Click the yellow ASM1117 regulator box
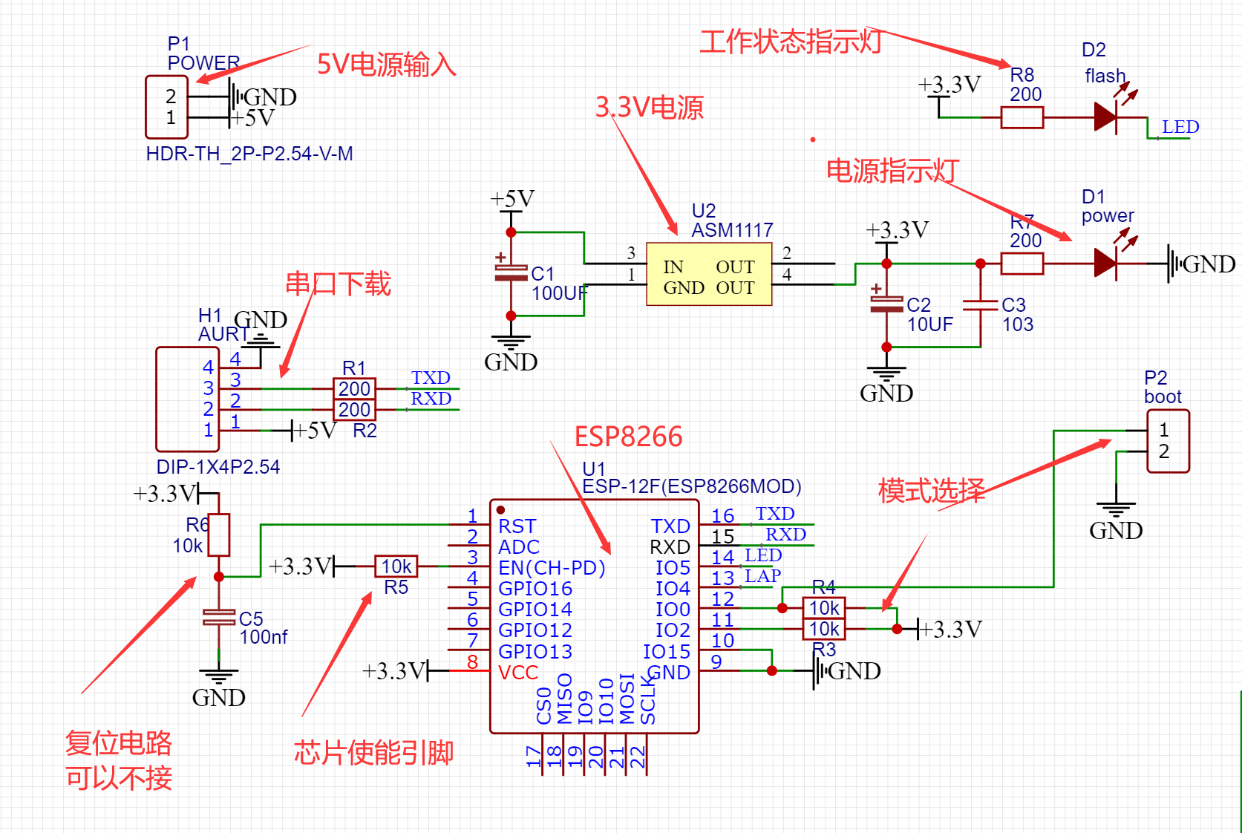(x=709, y=274)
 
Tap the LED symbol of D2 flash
(x=1106, y=117)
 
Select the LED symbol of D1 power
(x=1106, y=264)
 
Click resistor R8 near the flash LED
(x=1022, y=117)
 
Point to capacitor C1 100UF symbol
(x=511, y=274)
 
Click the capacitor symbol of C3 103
(x=981, y=305)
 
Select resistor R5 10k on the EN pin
(x=396, y=566)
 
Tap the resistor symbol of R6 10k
(x=218, y=535)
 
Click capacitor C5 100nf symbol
(x=218, y=617)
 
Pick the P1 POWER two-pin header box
(x=167, y=107)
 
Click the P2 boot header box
(x=1168, y=441)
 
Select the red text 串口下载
(x=338, y=284)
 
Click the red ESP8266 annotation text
(x=628, y=437)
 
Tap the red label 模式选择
(x=932, y=491)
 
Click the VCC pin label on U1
(x=518, y=673)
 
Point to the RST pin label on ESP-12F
(x=517, y=526)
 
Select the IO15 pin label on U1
(x=666, y=652)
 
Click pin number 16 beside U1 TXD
(x=722, y=516)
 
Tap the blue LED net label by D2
(x=1180, y=127)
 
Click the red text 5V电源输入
(x=386, y=65)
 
